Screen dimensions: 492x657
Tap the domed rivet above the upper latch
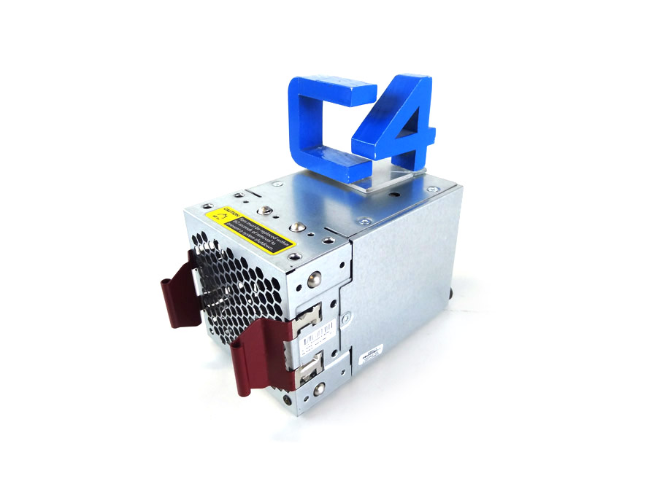pyautogui.click(x=314, y=278)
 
